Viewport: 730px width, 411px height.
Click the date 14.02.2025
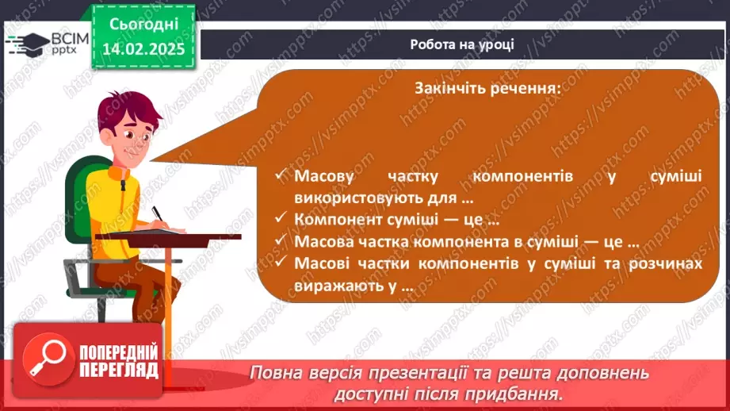(x=143, y=49)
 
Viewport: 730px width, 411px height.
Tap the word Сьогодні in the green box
(x=143, y=25)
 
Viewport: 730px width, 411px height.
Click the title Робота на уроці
(x=462, y=44)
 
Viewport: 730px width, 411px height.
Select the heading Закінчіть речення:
(x=488, y=87)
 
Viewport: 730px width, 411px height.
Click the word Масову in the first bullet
(x=324, y=176)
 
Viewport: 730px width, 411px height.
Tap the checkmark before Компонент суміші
(x=281, y=217)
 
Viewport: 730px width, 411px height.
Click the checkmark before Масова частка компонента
(x=281, y=240)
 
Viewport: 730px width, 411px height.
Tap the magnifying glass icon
(x=48, y=359)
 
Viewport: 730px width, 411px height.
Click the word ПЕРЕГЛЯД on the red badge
(x=119, y=371)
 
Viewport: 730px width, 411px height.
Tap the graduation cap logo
(x=29, y=44)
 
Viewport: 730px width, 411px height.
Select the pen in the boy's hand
(x=158, y=214)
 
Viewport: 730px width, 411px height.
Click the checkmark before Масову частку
(x=281, y=175)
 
